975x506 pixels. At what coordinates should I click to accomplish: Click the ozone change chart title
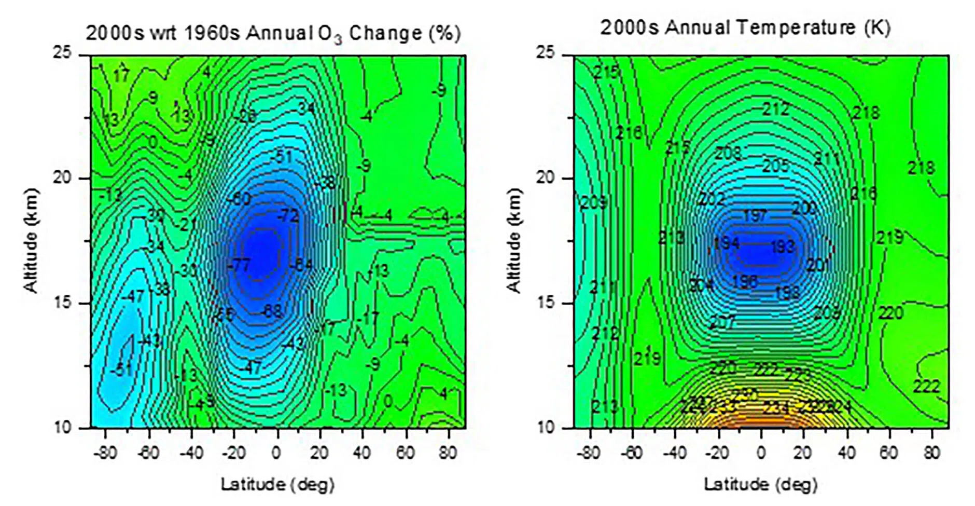(x=273, y=33)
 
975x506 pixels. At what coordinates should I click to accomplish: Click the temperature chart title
(x=745, y=27)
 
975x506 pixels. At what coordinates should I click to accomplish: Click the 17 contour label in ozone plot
(x=121, y=76)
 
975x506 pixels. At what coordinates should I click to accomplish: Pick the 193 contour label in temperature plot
(x=782, y=246)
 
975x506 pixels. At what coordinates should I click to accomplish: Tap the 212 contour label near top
(x=775, y=109)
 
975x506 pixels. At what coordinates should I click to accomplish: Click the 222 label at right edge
(x=926, y=386)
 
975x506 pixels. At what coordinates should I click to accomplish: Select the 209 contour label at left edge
(x=593, y=202)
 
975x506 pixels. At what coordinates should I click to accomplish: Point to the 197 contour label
(x=755, y=215)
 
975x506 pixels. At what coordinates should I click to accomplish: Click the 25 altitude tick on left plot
(x=63, y=53)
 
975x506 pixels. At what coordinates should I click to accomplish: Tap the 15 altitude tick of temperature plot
(x=546, y=303)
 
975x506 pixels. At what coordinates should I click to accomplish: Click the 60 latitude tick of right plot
(x=888, y=453)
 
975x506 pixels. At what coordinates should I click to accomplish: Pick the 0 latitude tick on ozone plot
(x=276, y=453)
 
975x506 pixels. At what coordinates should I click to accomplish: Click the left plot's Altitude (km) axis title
(x=32, y=240)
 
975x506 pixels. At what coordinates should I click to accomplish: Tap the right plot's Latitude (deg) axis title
(x=760, y=485)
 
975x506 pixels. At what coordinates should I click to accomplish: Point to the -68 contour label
(x=272, y=311)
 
